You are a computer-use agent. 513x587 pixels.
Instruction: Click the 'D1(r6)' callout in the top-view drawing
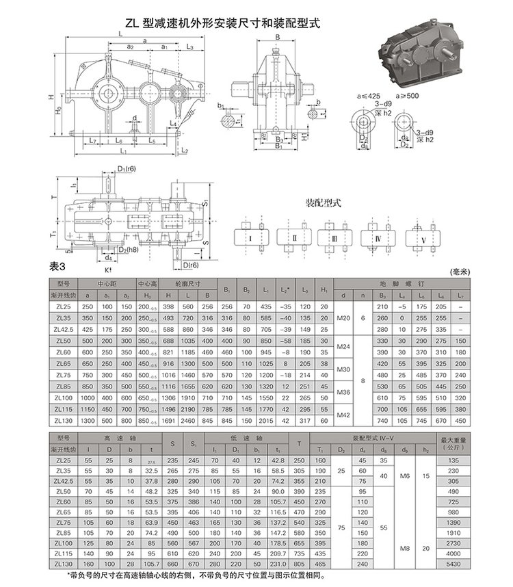(125, 168)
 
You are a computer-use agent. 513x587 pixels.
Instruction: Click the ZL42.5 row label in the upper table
(64, 328)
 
